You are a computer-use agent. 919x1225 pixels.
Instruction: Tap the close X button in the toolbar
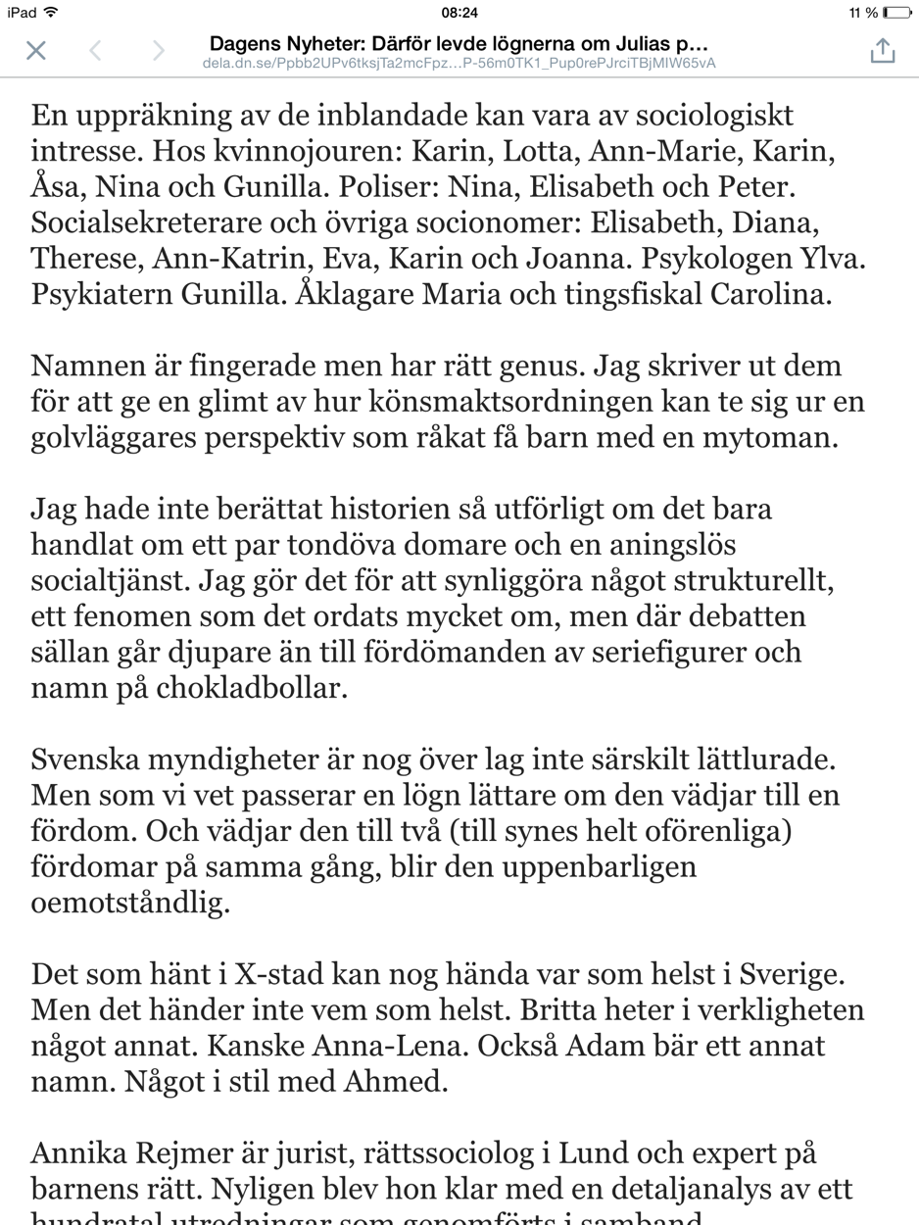click(36, 51)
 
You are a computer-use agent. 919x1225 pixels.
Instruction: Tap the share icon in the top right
click(882, 51)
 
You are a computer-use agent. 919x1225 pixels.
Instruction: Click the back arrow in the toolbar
click(95, 51)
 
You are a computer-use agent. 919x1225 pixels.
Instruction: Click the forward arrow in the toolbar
click(158, 51)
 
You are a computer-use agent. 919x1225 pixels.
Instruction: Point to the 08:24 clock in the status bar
click(459, 13)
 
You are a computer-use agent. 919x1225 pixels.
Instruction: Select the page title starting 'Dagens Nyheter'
click(459, 44)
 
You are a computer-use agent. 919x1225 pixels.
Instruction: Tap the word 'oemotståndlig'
click(130, 903)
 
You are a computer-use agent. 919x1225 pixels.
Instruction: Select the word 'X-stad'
click(289, 975)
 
